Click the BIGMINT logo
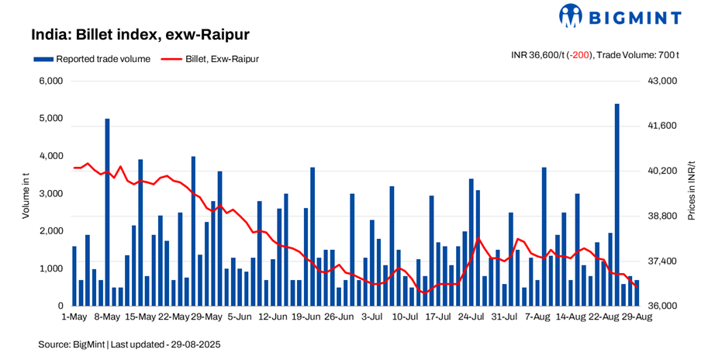click(620, 16)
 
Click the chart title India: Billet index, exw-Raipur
click(140, 35)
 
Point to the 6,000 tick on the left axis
click(51, 81)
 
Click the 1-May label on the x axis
click(74, 317)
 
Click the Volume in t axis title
click(26, 194)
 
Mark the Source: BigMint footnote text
click(129, 343)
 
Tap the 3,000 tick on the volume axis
click(51, 193)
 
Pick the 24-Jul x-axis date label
click(471, 317)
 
